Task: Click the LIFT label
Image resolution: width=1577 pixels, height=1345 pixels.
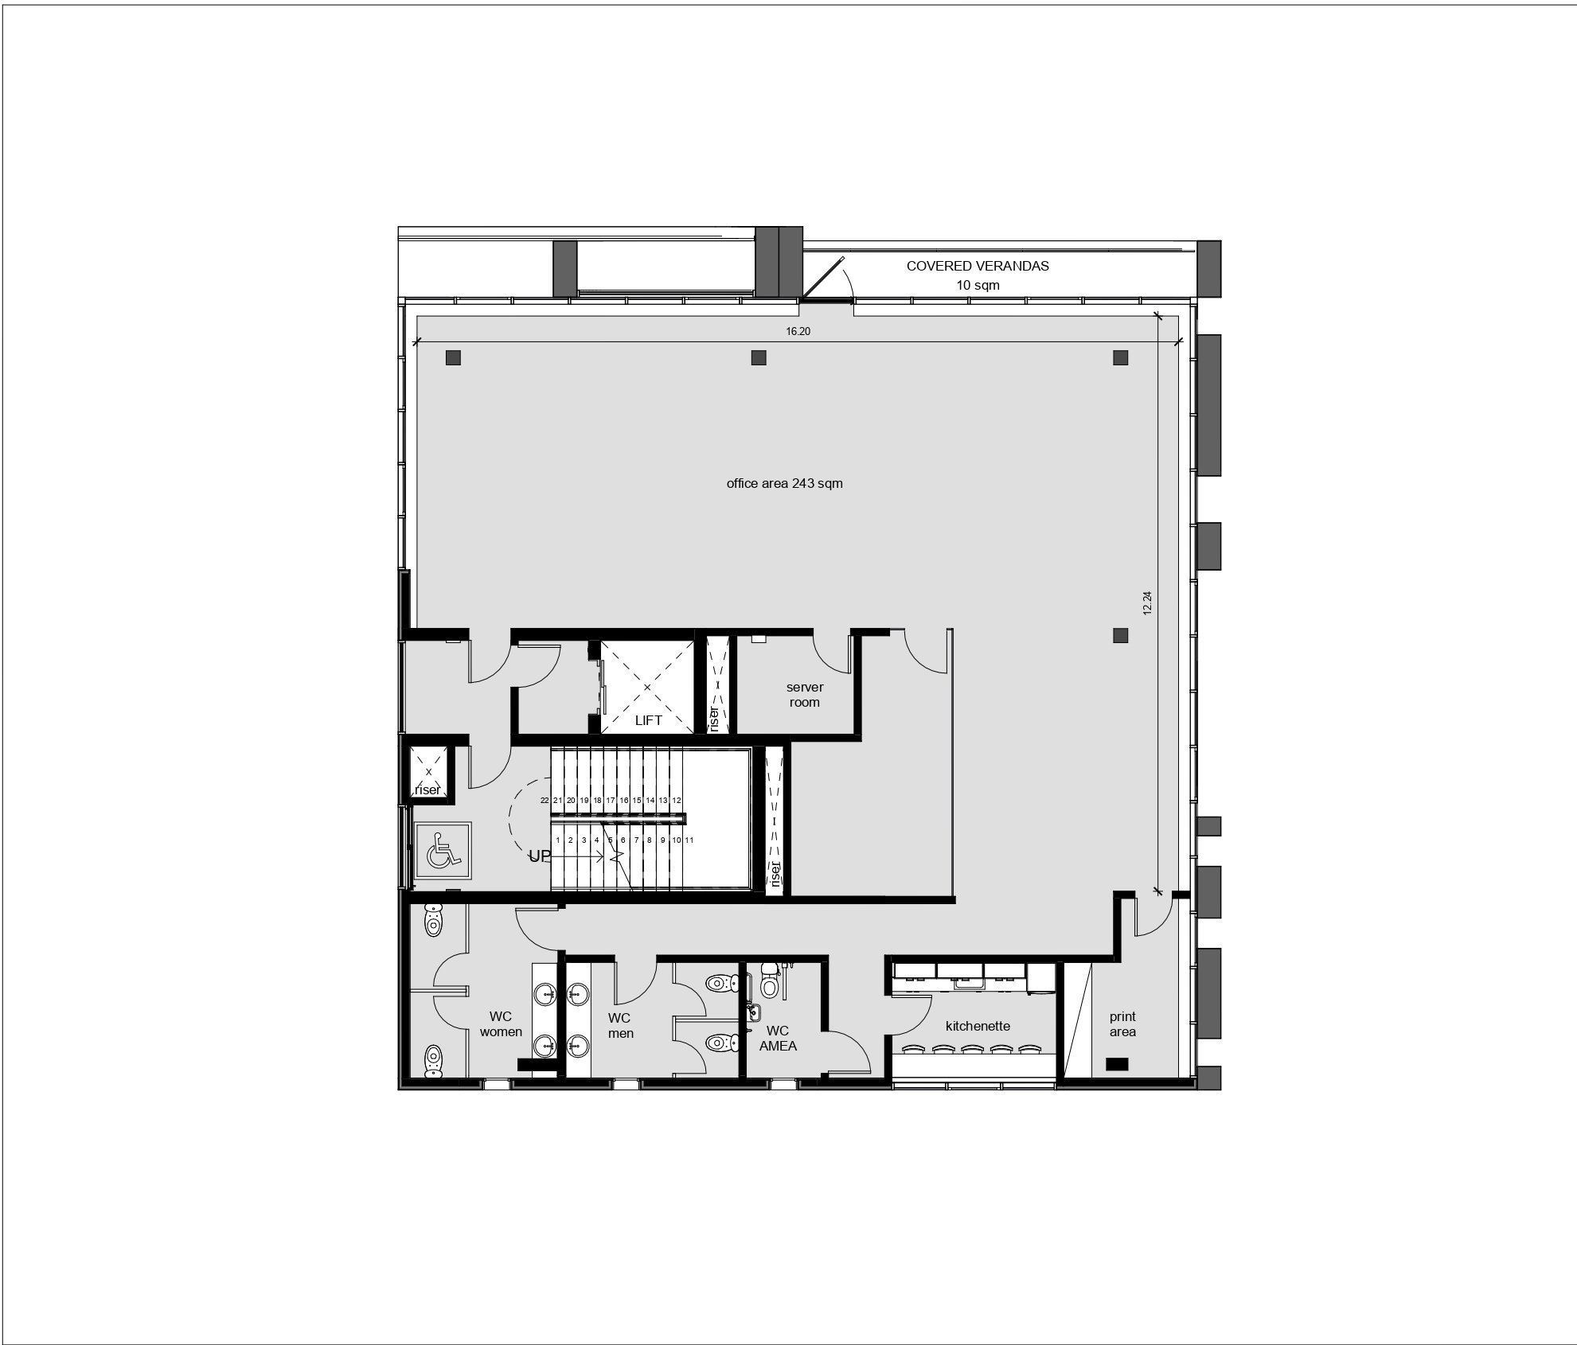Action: coord(648,720)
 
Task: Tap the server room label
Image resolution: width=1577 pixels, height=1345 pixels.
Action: coord(805,695)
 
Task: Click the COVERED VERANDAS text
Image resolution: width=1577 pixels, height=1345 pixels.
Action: coord(978,266)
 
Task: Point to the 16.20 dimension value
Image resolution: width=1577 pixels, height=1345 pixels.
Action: coord(798,331)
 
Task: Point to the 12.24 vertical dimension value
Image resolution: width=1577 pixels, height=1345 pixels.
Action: coord(1147,602)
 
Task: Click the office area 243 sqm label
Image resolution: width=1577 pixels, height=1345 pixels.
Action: coord(784,483)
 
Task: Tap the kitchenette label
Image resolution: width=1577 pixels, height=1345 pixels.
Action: coord(978,1026)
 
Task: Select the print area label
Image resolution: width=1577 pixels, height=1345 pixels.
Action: coord(1122,1024)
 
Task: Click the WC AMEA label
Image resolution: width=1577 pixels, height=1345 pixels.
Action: coord(778,1039)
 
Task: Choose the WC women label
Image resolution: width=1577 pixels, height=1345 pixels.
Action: coord(501,1024)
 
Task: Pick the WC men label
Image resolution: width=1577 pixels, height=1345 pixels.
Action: coord(620,1026)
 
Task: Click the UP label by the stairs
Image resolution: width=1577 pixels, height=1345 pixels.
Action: coord(540,856)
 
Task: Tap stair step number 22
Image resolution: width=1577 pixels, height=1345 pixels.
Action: coord(545,800)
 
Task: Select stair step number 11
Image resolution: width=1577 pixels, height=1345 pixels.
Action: coord(689,840)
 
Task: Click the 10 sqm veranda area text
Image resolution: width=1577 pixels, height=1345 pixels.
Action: coord(978,285)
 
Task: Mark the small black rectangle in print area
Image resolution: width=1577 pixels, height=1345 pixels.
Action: coord(1117,1063)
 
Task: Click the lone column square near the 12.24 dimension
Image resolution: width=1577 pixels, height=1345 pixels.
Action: coord(1120,635)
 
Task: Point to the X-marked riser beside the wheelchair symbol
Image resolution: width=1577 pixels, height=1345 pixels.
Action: coord(428,772)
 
